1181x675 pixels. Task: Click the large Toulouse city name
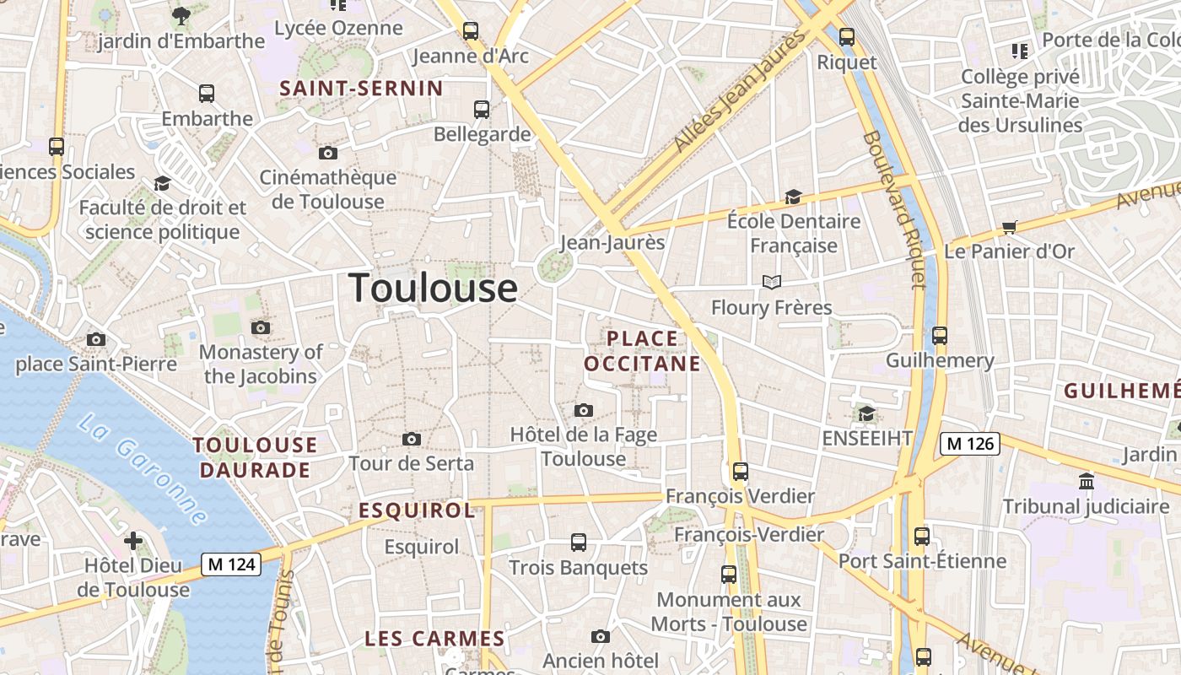433,288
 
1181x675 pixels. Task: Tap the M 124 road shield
231,564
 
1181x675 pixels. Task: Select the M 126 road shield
970,443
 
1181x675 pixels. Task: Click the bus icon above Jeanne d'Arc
471,31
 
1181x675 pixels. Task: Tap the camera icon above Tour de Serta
412,439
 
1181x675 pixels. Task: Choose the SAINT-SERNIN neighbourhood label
361,89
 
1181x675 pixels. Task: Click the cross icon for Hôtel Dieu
133,540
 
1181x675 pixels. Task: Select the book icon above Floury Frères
772,282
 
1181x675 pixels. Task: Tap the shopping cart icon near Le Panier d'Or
1010,227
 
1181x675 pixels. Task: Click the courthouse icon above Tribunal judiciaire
1087,482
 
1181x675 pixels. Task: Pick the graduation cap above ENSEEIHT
866,413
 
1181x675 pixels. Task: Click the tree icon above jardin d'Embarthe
181,15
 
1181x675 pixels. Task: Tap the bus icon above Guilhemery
940,336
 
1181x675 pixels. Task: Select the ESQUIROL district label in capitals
417,510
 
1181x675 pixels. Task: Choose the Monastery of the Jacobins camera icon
261,327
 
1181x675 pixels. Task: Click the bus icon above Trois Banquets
579,543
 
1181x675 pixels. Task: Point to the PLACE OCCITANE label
643,351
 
